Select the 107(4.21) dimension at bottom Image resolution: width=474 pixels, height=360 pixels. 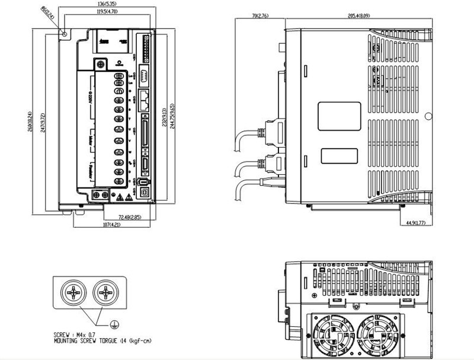[111, 225]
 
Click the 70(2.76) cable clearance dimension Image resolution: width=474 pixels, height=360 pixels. [260, 16]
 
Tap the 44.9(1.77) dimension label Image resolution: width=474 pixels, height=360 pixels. [415, 223]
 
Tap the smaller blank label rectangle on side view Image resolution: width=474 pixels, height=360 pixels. [339, 155]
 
